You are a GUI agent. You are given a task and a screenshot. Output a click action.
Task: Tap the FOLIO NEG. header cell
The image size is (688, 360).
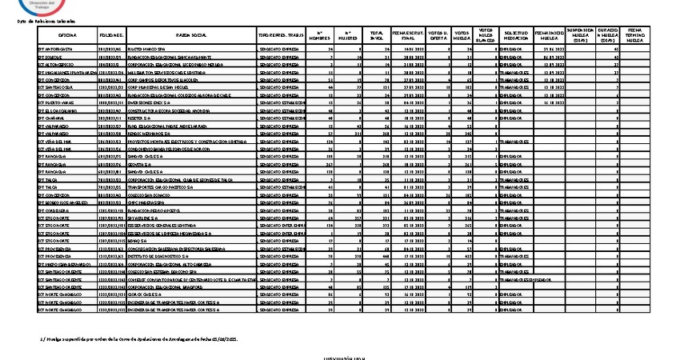tap(111, 37)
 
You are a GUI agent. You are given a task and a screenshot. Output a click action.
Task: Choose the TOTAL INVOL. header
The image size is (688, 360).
tap(376, 37)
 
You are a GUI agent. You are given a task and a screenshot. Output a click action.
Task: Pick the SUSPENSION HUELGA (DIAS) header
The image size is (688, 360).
tap(582, 37)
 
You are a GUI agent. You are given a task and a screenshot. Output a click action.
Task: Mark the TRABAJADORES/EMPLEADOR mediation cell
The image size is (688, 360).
tap(524, 279)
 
